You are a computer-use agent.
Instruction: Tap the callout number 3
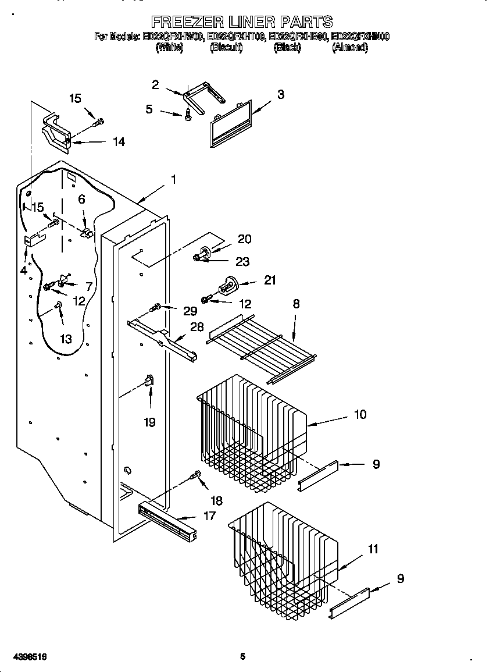pos(280,94)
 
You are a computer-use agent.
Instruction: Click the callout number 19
pos(149,422)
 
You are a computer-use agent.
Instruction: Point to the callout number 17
pos(209,515)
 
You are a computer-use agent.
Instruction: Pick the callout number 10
pos(360,414)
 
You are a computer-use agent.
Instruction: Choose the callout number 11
pos(373,549)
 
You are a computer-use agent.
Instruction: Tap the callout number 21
pos(270,280)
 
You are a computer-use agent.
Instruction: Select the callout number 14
pos(119,141)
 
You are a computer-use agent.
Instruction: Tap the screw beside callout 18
pos(196,477)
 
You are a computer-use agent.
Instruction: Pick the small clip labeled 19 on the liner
pos(148,381)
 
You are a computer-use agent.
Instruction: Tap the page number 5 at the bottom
pos(243,657)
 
